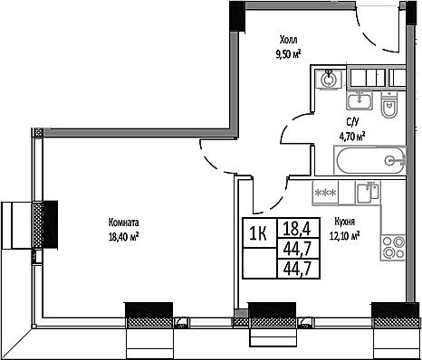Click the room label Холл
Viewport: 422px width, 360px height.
pyautogui.click(x=288, y=40)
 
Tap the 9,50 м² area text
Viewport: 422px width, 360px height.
pyautogui.click(x=288, y=52)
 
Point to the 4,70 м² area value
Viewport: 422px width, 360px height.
pyautogui.click(x=351, y=137)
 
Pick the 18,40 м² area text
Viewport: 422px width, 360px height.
pyautogui.click(x=123, y=236)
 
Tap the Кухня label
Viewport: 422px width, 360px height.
pyautogui.click(x=343, y=221)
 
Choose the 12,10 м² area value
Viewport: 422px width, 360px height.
pyautogui.click(x=346, y=234)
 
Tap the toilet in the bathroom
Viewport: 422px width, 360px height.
pyautogui.click(x=390, y=109)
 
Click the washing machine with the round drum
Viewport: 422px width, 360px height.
pyautogui.click(x=328, y=79)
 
